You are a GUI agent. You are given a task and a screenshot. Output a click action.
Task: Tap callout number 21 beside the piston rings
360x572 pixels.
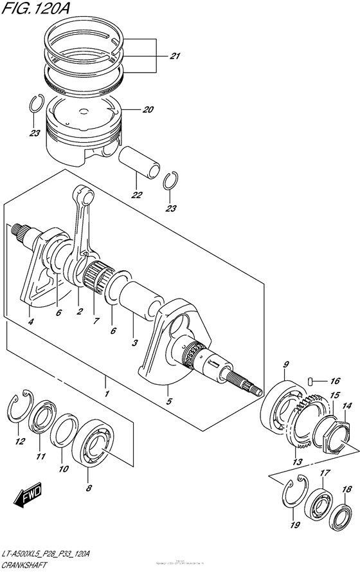click(174, 56)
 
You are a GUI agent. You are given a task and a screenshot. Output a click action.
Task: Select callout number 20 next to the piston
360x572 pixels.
click(147, 109)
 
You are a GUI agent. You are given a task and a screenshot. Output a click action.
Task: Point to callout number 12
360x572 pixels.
click(20, 441)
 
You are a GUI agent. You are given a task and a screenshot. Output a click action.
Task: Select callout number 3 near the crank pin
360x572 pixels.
click(134, 343)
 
